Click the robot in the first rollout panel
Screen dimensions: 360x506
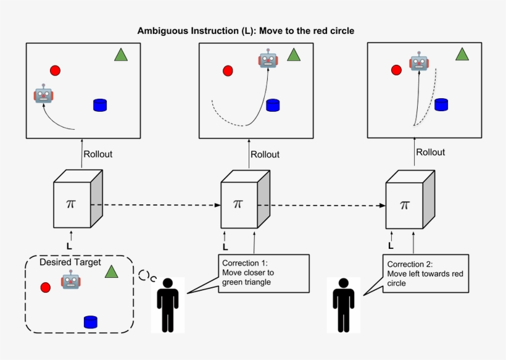pyautogui.click(x=43, y=94)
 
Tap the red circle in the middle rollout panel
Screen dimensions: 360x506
pyautogui.click(x=228, y=71)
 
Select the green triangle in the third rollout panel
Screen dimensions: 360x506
pyautogui.click(x=462, y=54)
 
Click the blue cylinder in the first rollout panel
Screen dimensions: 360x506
pyautogui.click(x=100, y=105)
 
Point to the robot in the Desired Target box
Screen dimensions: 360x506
pyautogui.click(x=70, y=281)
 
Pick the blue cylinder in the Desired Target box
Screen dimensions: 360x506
pyautogui.click(x=91, y=321)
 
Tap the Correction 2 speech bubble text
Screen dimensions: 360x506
pyautogui.click(x=417, y=272)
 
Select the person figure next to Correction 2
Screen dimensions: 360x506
pyautogui.click(x=344, y=305)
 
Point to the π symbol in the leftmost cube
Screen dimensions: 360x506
pyautogui.click(x=72, y=203)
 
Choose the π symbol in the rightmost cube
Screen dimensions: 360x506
pyautogui.click(x=405, y=205)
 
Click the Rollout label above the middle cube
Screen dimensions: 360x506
pyautogui.click(x=265, y=154)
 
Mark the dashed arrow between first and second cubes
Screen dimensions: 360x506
pyautogui.click(x=154, y=204)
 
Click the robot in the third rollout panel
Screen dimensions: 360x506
pyautogui.click(x=419, y=62)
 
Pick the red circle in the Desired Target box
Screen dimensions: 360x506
pyautogui.click(x=45, y=287)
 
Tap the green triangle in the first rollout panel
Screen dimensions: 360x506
pyautogui.click(x=121, y=55)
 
